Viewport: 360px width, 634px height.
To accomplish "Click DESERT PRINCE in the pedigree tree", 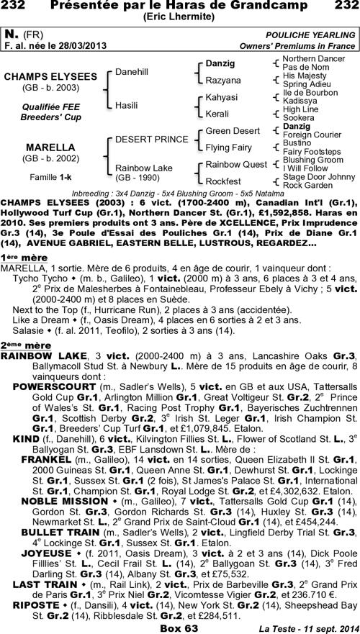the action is click(142, 139).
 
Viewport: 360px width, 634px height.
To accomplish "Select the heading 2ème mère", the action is click(25, 345).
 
